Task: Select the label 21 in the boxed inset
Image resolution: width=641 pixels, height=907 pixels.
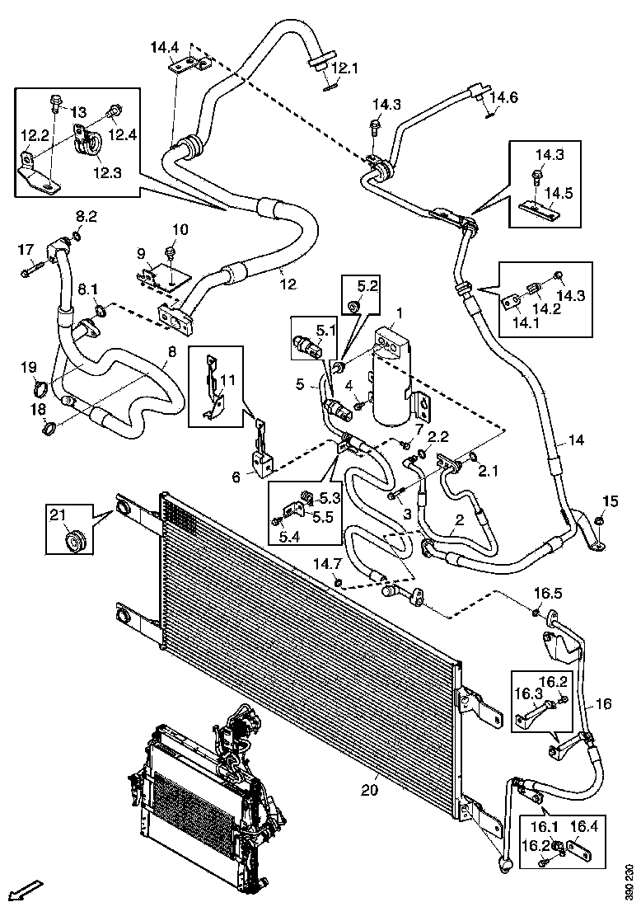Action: (x=57, y=515)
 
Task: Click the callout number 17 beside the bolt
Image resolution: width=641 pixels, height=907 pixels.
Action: (x=26, y=249)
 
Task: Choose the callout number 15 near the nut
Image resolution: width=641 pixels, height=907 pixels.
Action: (x=610, y=501)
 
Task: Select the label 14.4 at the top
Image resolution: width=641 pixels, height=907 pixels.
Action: (x=165, y=48)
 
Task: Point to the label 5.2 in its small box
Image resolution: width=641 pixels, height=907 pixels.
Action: (x=367, y=286)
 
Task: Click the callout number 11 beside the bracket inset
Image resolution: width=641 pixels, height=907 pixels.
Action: (x=228, y=380)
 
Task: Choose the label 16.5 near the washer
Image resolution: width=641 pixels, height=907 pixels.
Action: (x=548, y=593)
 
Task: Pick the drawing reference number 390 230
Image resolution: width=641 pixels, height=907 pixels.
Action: (x=630, y=882)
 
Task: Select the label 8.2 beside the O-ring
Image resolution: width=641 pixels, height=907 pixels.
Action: (x=87, y=216)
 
